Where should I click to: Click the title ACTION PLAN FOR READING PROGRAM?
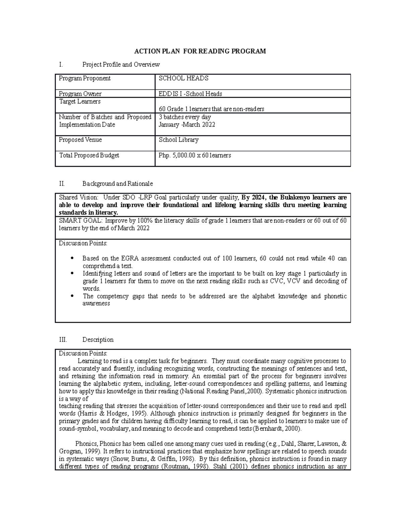(x=200, y=51)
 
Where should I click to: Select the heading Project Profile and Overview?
(x=121, y=64)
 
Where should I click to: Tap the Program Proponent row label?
(x=85, y=78)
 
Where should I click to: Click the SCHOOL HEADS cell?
(x=184, y=78)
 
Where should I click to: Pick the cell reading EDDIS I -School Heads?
(x=190, y=94)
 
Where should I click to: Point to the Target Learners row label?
(x=80, y=101)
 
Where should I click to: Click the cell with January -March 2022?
(x=187, y=125)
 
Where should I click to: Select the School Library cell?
(x=179, y=140)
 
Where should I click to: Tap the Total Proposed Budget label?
(x=89, y=155)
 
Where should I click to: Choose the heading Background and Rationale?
(x=118, y=183)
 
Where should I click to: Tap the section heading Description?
(x=98, y=340)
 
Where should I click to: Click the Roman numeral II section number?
(x=61, y=183)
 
